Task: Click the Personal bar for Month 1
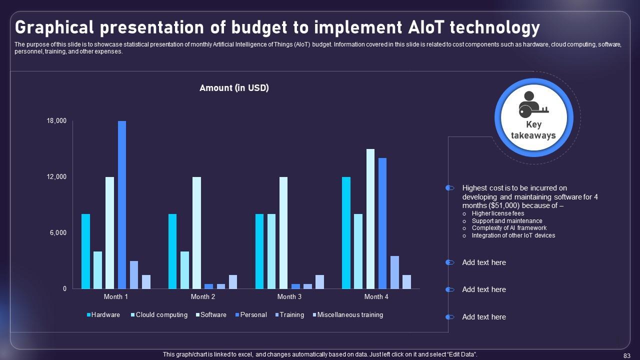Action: pos(122,205)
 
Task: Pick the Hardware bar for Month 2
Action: pos(172,251)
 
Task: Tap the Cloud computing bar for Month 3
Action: pos(271,251)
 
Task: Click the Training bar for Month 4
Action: pos(394,272)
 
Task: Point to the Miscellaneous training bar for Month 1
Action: pos(146,282)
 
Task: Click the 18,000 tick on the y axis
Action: pos(57,121)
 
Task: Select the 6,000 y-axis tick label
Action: pos(58,233)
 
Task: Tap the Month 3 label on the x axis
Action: pos(289,297)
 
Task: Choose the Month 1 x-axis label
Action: pos(116,297)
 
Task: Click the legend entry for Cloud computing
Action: pos(161,315)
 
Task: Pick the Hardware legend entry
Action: pos(105,315)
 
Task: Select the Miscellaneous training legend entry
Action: pos(349,315)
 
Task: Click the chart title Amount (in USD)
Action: pos(234,88)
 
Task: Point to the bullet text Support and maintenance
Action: pos(507,221)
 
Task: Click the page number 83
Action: pos(627,355)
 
